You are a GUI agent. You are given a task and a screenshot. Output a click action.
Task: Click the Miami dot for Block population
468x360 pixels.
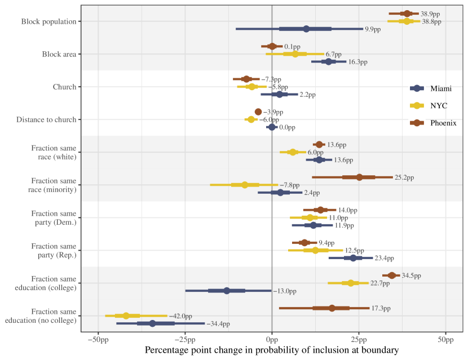tap(306, 29)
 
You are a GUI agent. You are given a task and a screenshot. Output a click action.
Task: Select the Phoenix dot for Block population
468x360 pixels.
tap(407, 13)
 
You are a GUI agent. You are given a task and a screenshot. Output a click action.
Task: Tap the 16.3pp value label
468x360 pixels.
tap(357, 62)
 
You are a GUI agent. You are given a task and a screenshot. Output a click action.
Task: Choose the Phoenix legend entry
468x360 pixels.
tap(443, 123)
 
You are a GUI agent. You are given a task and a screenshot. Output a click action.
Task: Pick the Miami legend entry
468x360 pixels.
tap(440, 88)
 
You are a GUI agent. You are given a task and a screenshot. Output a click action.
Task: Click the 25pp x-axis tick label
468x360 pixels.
tap(359, 340)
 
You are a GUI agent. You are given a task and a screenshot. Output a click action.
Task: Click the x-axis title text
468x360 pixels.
tap(272, 350)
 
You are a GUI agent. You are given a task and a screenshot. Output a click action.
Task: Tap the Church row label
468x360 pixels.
tap(64, 87)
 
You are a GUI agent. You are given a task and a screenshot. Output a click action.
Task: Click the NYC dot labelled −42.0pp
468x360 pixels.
tap(126, 315)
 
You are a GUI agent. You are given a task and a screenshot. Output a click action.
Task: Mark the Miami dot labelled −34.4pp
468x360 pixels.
tap(152, 323)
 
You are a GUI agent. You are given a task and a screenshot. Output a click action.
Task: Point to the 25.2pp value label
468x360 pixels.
tap(404, 177)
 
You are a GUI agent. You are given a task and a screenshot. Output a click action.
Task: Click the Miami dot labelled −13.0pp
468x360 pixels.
tap(227, 291)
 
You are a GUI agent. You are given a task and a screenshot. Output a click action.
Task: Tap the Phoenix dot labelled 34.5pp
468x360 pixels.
tap(392, 275)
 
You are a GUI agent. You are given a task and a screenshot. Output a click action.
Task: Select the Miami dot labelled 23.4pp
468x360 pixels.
tap(353, 258)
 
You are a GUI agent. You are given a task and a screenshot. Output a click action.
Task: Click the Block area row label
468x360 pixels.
tap(59, 54)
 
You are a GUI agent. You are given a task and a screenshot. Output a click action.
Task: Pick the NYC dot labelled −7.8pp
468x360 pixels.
tap(245, 185)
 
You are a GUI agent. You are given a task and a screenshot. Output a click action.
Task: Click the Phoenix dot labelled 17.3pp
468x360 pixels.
tap(332, 308)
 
